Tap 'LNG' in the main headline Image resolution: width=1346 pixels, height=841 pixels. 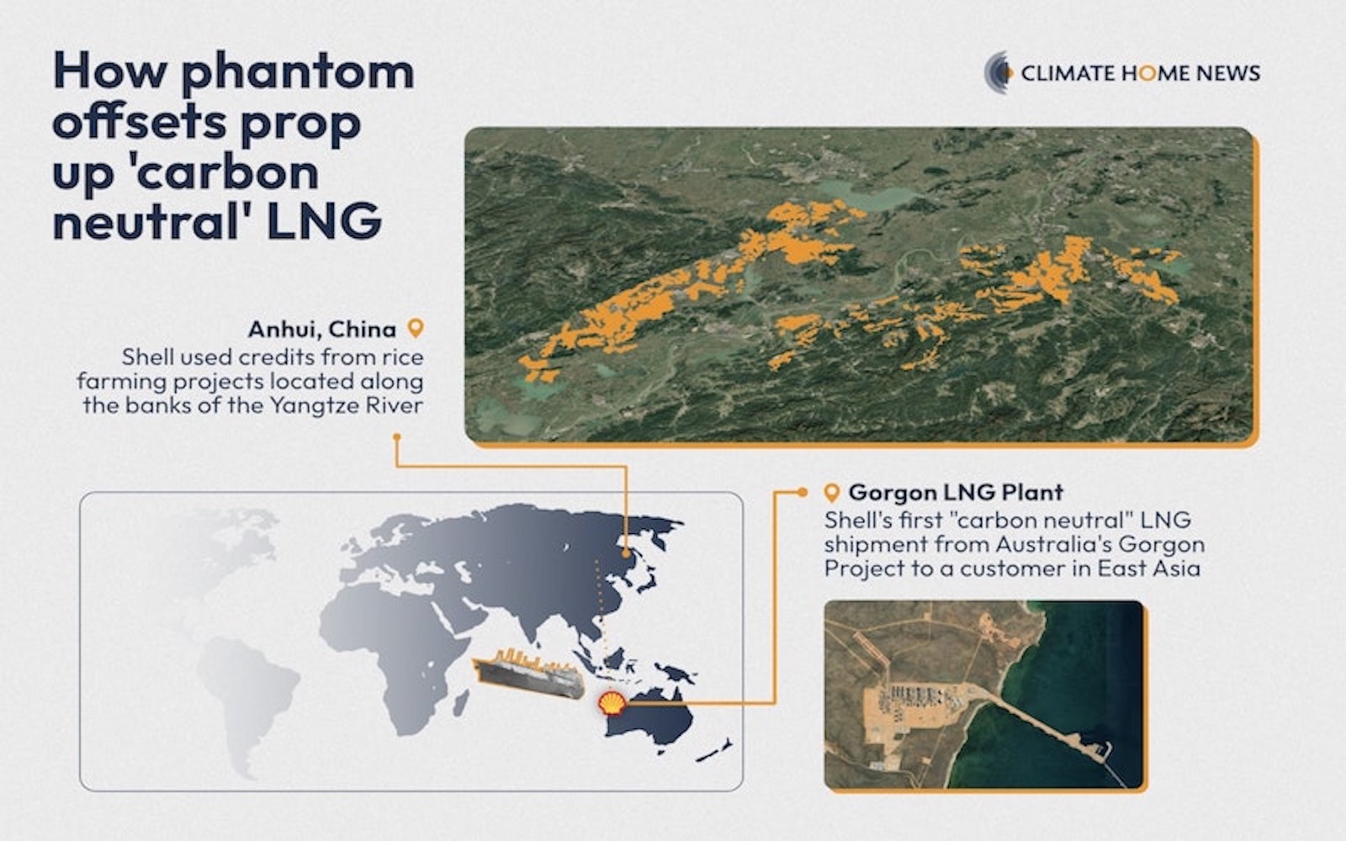pos(325,222)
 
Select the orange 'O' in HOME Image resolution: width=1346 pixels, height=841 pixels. pos(1147,73)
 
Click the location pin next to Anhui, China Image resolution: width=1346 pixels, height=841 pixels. pos(416,328)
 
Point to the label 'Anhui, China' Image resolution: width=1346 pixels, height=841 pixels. pos(322,329)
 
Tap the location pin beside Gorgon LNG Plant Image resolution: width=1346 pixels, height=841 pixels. pos(832,493)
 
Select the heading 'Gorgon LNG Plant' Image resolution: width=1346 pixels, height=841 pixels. pos(956,493)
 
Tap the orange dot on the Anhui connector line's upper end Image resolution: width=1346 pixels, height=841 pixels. pos(396,436)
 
